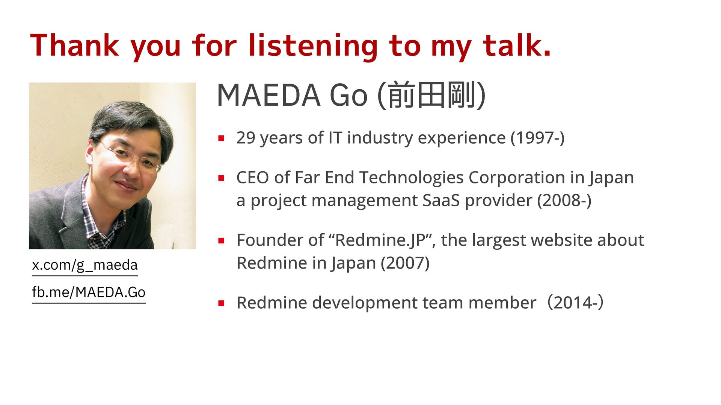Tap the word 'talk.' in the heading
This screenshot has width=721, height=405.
click(517, 45)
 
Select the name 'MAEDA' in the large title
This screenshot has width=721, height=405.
click(268, 95)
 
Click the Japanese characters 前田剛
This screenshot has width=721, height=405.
click(431, 95)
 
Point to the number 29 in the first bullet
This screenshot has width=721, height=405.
click(246, 138)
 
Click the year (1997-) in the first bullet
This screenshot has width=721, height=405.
click(537, 138)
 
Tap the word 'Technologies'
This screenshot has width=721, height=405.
click(411, 178)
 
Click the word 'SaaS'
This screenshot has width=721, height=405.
click(441, 201)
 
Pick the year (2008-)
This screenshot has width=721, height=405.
click(564, 201)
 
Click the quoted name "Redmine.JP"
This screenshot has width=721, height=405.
click(382, 240)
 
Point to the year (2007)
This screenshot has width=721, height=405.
click(405, 263)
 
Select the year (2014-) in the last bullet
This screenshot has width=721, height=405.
click(575, 303)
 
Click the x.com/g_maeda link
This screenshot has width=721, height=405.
click(85, 265)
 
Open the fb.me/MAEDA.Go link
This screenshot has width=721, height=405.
click(89, 292)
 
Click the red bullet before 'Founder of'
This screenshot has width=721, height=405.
click(221, 240)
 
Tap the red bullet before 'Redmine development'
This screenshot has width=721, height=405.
click(221, 303)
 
